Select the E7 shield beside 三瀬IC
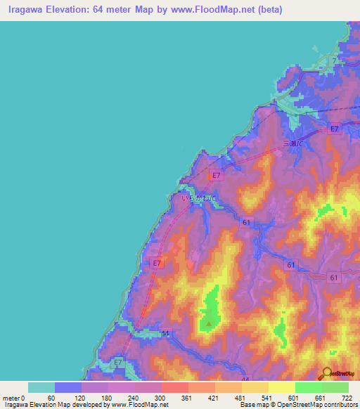tap(335, 129)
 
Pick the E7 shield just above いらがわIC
tap(217, 175)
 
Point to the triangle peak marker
tap(209, 324)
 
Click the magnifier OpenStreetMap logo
tap(328, 373)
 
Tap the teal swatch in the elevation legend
tap(41, 387)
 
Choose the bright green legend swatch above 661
tap(309, 387)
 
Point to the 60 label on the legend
tap(50, 398)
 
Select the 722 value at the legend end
tap(346, 398)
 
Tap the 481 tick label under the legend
tap(241, 398)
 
